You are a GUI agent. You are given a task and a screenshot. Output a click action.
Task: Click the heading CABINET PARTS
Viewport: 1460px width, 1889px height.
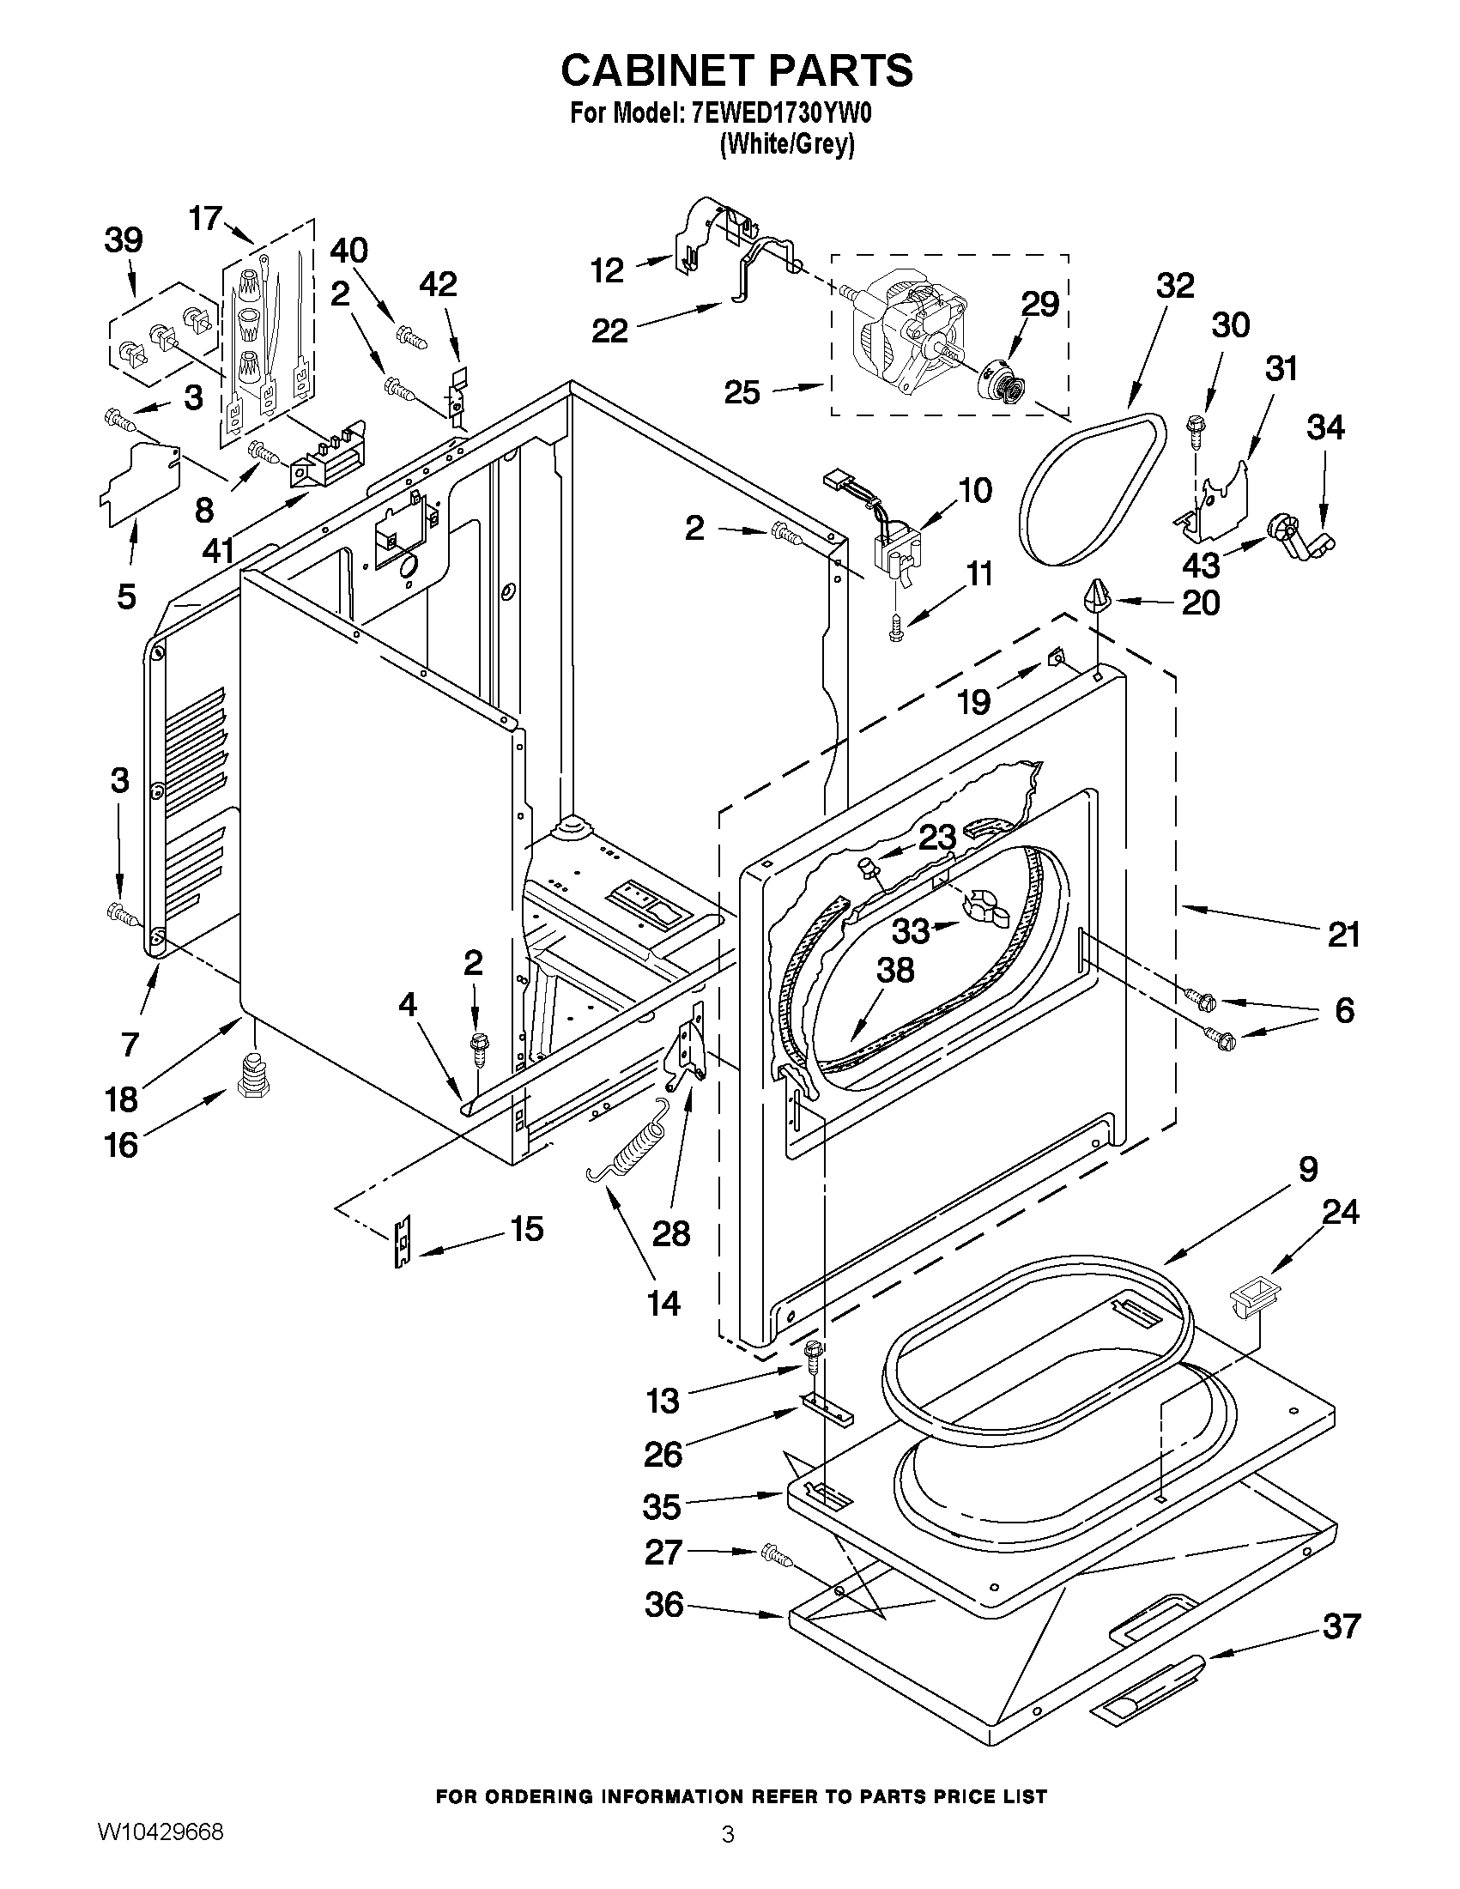[736, 71]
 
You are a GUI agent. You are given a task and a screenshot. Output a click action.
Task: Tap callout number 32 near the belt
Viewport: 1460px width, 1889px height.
[1174, 286]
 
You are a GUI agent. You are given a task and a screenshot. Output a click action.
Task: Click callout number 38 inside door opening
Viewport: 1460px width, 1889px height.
[895, 970]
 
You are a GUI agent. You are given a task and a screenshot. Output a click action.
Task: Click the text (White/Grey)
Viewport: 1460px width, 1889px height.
[786, 145]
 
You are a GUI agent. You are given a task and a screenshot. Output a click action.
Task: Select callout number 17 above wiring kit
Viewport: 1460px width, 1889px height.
[207, 218]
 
